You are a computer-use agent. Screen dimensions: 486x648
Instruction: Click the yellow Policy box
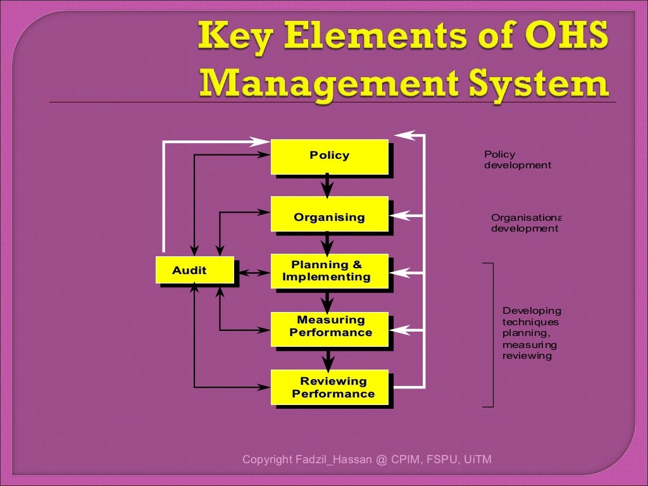point(329,156)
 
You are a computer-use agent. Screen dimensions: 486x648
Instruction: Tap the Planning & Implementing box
point(329,271)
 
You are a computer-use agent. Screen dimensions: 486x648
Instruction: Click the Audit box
point(195,270)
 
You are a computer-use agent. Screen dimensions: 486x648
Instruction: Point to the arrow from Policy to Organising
point(327,186)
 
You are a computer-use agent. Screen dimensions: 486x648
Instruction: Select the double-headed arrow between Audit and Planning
point(252,273)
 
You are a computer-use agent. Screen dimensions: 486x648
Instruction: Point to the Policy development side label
point(517,159)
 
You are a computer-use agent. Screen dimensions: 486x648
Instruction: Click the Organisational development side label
point(525,223)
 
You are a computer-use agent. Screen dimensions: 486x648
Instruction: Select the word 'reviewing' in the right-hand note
point(526,356)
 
